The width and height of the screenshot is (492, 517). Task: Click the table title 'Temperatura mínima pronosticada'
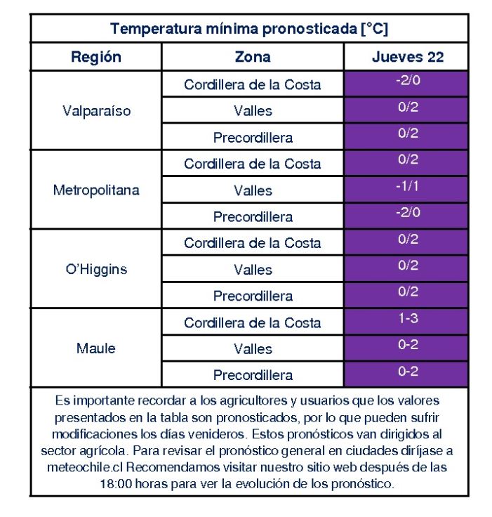tap(233, 29)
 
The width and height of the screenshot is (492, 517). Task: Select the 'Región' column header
tap(96, 57)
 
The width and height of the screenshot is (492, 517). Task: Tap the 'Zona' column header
tap(253, 57)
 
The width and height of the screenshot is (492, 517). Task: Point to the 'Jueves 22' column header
tap(408, 57)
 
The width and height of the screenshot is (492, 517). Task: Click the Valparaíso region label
tap(97, 111)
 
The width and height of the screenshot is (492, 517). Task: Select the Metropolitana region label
tap(96, 190)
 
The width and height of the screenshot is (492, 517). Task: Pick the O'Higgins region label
tap(96, 269)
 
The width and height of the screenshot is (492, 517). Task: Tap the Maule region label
tap(96, 348)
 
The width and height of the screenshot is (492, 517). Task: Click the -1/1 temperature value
tap(407, 186)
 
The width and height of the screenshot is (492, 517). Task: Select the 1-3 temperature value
tap(408, 318)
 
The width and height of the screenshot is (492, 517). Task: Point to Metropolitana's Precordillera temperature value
tap(408, 212)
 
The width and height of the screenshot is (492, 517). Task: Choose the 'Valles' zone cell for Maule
tap(253, 349)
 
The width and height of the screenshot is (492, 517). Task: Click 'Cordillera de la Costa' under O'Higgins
tap(253, 243)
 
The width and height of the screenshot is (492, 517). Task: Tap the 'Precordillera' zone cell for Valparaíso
tap(253, 138)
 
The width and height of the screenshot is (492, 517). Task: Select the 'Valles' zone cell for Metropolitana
tap(253, 190)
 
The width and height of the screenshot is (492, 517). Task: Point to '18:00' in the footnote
tap(116, 484)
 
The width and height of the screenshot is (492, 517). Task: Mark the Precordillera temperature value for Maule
tap(408, 372)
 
